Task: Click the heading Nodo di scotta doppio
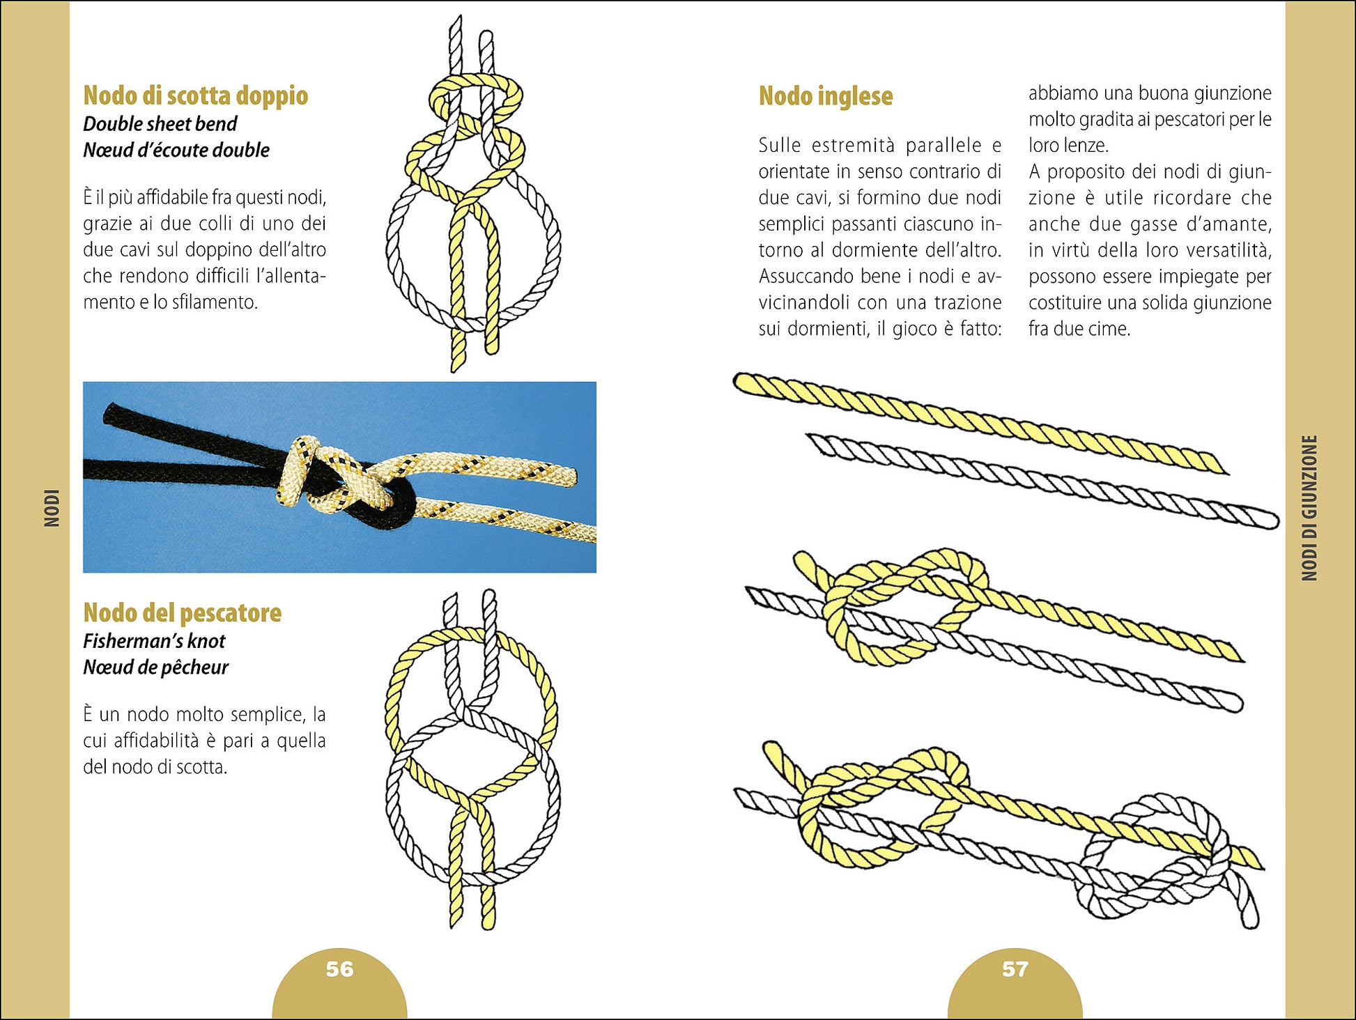pyautogui.click(x=196, y=95)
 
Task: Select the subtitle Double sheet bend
pyautogui.click(x=160, y=124)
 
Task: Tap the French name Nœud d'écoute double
pyautogui.click(x=176, y=150)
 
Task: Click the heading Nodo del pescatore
pyautogui.click(x=183, y=612)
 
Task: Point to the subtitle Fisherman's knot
pyautogui.click(x=155, y=641)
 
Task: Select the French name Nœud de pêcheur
pyautogui.click(x=156, y=667)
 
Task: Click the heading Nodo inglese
pyautogui.click(x=826, y=96)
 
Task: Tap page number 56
pyautogui.click(x=340, y=969)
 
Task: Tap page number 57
pyautogui.click(x=1015, y=969)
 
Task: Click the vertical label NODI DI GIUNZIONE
pyautogui.click(x=1310, y=508)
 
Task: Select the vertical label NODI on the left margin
pyautogui.click(x=52, y=508)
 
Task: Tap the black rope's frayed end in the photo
pyautogui.click(x=110, y=414)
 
